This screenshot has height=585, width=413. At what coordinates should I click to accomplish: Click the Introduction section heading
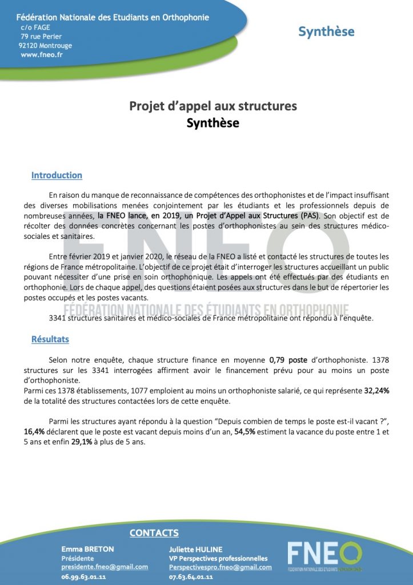57,175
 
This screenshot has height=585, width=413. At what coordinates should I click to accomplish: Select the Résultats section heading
50,339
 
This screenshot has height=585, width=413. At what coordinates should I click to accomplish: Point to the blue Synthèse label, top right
326,32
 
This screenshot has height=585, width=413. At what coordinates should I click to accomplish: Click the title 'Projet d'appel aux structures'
213,106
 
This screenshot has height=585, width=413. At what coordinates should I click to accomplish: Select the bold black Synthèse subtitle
213,123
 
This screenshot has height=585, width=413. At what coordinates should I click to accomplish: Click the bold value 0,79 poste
288,360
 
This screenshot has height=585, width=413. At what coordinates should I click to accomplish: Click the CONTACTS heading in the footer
154,533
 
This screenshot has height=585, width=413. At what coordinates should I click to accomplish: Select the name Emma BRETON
87,549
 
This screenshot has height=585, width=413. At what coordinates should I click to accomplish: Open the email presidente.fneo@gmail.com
105,567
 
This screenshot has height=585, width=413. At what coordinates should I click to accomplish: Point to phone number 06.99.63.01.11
84,577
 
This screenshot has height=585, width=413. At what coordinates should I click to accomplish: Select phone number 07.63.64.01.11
191,577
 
